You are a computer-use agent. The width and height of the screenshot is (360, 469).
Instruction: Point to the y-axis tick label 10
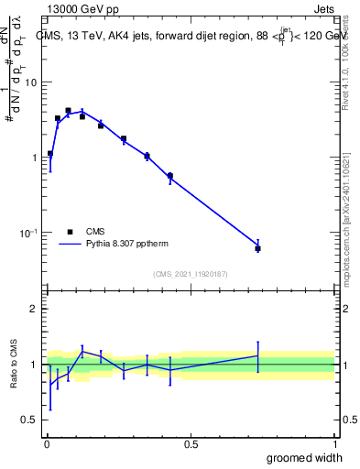pyautogui.click(x=31, y=82)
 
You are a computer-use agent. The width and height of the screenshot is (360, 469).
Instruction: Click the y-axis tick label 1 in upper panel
pyautogui.click(x=36, y=158)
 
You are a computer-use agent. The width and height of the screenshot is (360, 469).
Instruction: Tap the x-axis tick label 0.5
pyautogui.click(x=191, y=443)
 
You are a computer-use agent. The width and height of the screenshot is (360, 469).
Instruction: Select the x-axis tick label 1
pyautogui.click(x=334, y=443)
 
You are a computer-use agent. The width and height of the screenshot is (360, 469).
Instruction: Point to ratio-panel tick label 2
pyautogui.click(x=36, y=309)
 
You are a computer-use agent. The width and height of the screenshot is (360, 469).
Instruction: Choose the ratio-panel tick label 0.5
pyautogui.click(x=31, y=420)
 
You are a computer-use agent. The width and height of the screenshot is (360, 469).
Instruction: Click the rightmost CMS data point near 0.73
pyautogui.click(x=257, y=248)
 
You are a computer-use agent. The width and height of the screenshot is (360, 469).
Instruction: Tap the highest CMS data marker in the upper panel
pyautogui.click(x=68, y=111)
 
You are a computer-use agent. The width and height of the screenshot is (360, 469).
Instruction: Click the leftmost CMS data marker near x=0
pyautogui.click(x=50, y=154)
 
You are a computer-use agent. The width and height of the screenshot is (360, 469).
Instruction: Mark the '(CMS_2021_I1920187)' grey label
pyautogui.click(x=191, y=274)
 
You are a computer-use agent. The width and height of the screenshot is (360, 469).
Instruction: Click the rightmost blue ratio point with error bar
pyautogui.click(x=257, y=355)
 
